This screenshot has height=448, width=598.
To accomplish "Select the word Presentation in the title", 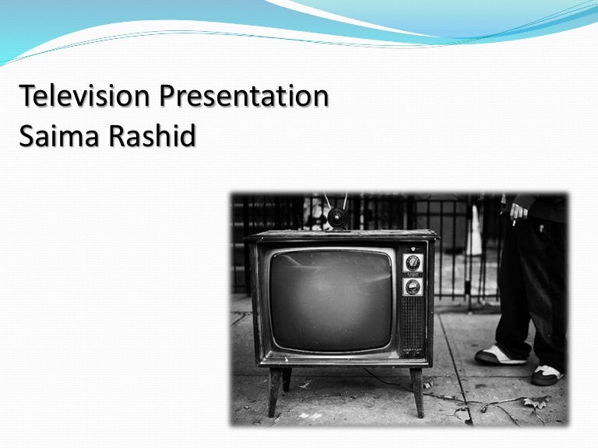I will (244, 97).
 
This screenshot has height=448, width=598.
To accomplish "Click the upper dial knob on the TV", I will (413, 262).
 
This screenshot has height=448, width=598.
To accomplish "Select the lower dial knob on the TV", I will (413, 287).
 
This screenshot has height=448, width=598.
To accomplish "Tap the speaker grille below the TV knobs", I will (413, 326).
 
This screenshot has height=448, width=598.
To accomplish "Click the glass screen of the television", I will (330, 299).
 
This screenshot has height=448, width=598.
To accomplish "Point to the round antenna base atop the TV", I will (338, 218).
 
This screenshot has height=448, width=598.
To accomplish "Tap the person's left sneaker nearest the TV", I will (499, 355).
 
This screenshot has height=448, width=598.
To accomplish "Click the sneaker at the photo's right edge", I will (548, 374).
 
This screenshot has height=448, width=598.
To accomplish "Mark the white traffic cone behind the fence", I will (474, 233).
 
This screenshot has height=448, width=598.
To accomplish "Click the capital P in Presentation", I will (169, 97).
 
